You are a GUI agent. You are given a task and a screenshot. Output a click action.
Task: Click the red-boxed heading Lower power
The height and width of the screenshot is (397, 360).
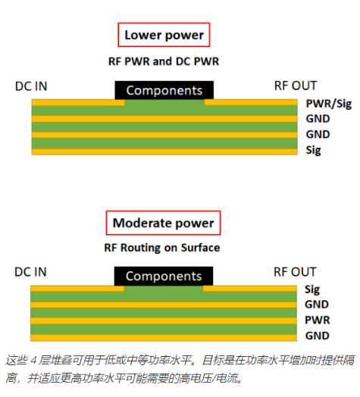click(x=164, y=35)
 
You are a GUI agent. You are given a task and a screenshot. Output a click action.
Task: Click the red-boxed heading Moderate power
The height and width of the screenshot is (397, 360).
click(x=163, y=223)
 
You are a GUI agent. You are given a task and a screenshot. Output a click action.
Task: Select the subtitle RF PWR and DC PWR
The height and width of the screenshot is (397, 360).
click(x=164, y=61)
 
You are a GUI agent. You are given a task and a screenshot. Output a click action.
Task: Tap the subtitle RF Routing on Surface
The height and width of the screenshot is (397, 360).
click(x=162, y=248)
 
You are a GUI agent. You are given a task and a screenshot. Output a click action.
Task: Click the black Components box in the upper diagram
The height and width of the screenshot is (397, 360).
click(x=164, y=90)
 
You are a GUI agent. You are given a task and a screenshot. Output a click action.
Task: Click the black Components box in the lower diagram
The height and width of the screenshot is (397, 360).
click(x=164, y=276)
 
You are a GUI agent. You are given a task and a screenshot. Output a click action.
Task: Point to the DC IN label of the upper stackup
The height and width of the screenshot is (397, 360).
click(x=31, y=86)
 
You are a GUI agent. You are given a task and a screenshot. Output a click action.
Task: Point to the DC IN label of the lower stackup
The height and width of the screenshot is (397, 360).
click(x=30, y=272)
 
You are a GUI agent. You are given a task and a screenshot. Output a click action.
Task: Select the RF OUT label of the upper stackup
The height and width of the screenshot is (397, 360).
click(x=296, y=86)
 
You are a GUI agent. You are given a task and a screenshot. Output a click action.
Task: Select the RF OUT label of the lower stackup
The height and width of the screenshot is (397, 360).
click(x=295, y=272)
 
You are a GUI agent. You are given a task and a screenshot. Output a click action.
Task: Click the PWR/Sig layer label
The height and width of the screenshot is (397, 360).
click(x=329, y=104)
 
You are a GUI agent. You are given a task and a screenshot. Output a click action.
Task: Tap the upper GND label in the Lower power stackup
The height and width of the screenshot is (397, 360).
click(x=318, y=119)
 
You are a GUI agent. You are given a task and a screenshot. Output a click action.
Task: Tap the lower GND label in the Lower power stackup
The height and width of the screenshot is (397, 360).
click(x=318, y=134)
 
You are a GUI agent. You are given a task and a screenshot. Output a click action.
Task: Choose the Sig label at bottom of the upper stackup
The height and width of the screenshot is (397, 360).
click(x=313, y=151)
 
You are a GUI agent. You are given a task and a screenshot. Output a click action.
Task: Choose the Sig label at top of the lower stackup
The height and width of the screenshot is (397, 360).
click(x=312, y=289)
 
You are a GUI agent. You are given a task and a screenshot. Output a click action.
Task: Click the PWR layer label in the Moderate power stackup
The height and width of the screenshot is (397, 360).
click(x=318, y=320)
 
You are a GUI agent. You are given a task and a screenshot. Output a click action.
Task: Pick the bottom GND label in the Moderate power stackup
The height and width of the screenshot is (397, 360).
click(x=318, y=336)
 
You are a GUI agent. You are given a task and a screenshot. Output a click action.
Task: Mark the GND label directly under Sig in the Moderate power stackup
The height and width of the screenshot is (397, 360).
click(x=317, y=305)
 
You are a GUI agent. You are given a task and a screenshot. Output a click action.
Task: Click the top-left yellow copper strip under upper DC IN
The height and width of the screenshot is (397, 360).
click(x=78, y=102)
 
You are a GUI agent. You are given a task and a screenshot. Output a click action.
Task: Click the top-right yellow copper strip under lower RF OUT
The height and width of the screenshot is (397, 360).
click(x=250, y=289)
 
